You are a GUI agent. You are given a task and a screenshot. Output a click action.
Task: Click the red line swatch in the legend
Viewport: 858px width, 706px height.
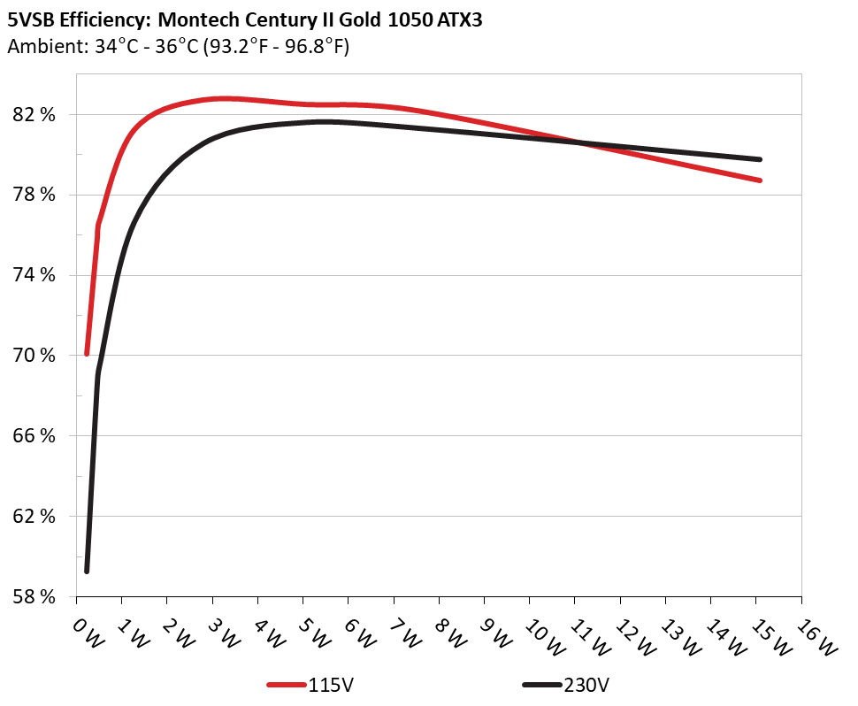(x=287, y=685)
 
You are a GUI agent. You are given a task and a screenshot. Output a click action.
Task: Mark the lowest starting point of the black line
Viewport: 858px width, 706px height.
(x=87, y=571)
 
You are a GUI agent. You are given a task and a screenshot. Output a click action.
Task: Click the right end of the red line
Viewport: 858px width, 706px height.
(x=760, y=180)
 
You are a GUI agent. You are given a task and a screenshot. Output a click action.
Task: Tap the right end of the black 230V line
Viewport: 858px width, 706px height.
(x=760, y=159)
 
